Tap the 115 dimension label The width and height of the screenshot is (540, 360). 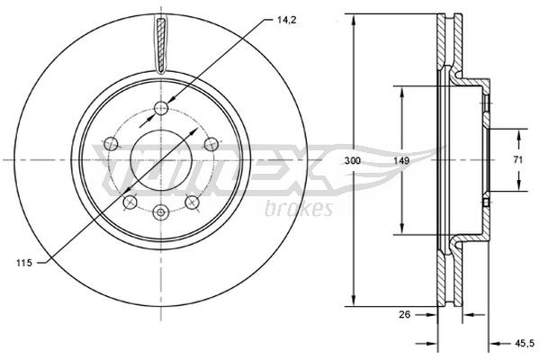(25, 262)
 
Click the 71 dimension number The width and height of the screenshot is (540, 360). (518, 159)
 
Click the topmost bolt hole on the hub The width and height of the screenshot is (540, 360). (161, 109)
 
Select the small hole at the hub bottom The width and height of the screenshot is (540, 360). (161, 212)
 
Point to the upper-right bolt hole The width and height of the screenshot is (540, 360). (211, 142)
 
